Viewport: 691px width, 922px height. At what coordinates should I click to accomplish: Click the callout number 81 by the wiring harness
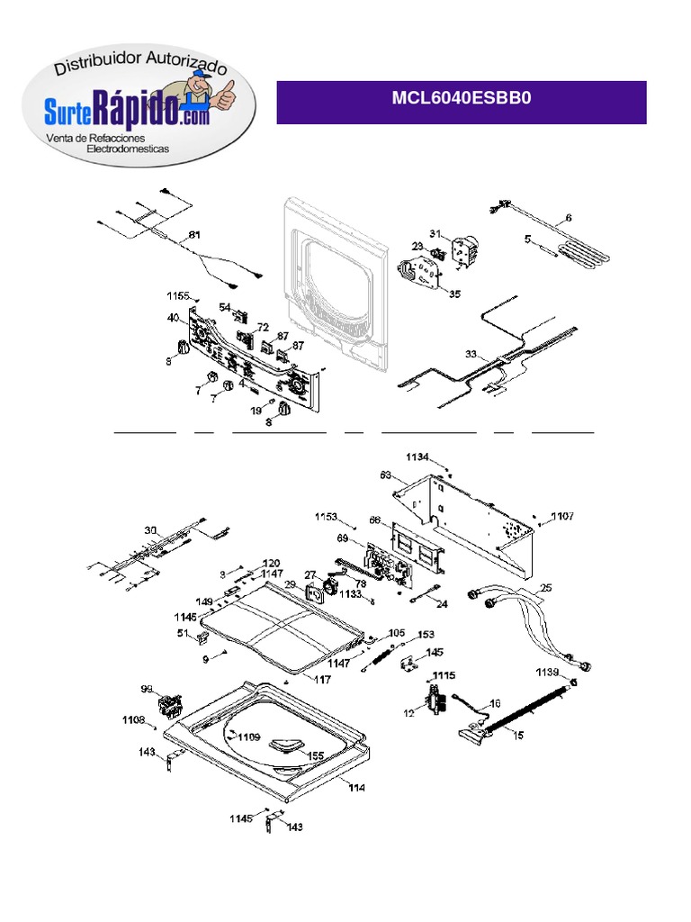coord(194,235)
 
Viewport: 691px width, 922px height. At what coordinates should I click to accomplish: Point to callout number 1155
coord(177,295)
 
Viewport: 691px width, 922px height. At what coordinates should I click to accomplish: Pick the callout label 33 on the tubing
coord(471,354)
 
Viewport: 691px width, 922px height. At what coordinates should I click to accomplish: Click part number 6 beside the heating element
coord(569,218)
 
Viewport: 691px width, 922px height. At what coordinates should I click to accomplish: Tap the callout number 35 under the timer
coord(454,294)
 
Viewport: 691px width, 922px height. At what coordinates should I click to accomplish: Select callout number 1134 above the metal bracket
coord(418,457)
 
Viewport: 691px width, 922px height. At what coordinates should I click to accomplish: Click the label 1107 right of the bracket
coord(562,517)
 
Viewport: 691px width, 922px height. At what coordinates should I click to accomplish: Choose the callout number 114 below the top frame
coord(357,788)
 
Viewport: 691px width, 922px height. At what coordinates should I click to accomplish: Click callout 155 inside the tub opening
coord(315,755)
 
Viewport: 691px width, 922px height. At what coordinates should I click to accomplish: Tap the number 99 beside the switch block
coord(147,689)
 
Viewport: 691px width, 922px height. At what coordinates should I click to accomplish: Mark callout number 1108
coord(133,719)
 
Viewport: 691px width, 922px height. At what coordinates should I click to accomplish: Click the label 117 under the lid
coord(321,680)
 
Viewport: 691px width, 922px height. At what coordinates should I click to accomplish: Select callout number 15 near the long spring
coord(518,736)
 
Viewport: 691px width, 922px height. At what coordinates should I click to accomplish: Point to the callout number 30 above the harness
coord(150,529)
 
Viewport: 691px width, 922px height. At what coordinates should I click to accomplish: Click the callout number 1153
coord(326,517)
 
